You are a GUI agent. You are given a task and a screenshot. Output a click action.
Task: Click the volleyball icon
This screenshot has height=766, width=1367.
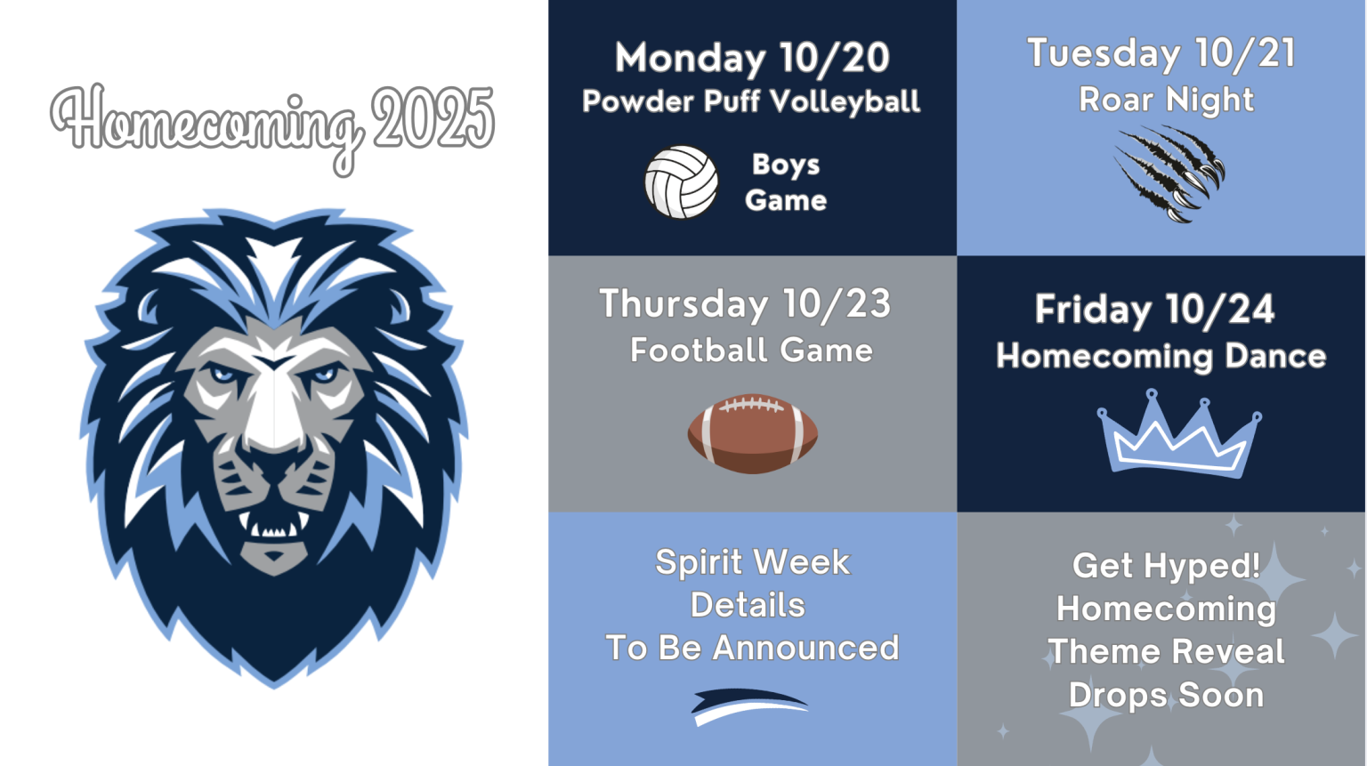(x=681, y=182)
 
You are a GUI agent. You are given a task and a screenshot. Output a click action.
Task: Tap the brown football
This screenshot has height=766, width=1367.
(x=752, y=434)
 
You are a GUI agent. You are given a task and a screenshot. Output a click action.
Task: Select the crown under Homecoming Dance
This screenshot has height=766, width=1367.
(x=1178, y=435)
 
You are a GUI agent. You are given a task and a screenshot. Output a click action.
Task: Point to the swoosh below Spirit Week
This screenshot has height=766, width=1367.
(x=749, y=705)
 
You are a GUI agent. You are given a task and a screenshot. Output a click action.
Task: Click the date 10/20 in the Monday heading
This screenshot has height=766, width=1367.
(x=834, y=59)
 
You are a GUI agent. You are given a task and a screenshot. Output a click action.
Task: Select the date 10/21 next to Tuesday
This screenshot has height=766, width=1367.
(x=1245, y=54)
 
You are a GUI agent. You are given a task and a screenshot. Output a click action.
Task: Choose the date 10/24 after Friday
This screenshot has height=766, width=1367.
(x=1220, y=310)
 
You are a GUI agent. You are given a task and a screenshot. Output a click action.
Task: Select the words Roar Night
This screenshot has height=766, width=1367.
(x=1166, y=101)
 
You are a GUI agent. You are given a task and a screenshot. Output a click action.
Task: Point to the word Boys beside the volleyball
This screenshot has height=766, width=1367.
(x=786, y=165)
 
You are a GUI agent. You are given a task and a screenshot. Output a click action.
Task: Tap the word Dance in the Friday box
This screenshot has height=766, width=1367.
(x=1275, y=357)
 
